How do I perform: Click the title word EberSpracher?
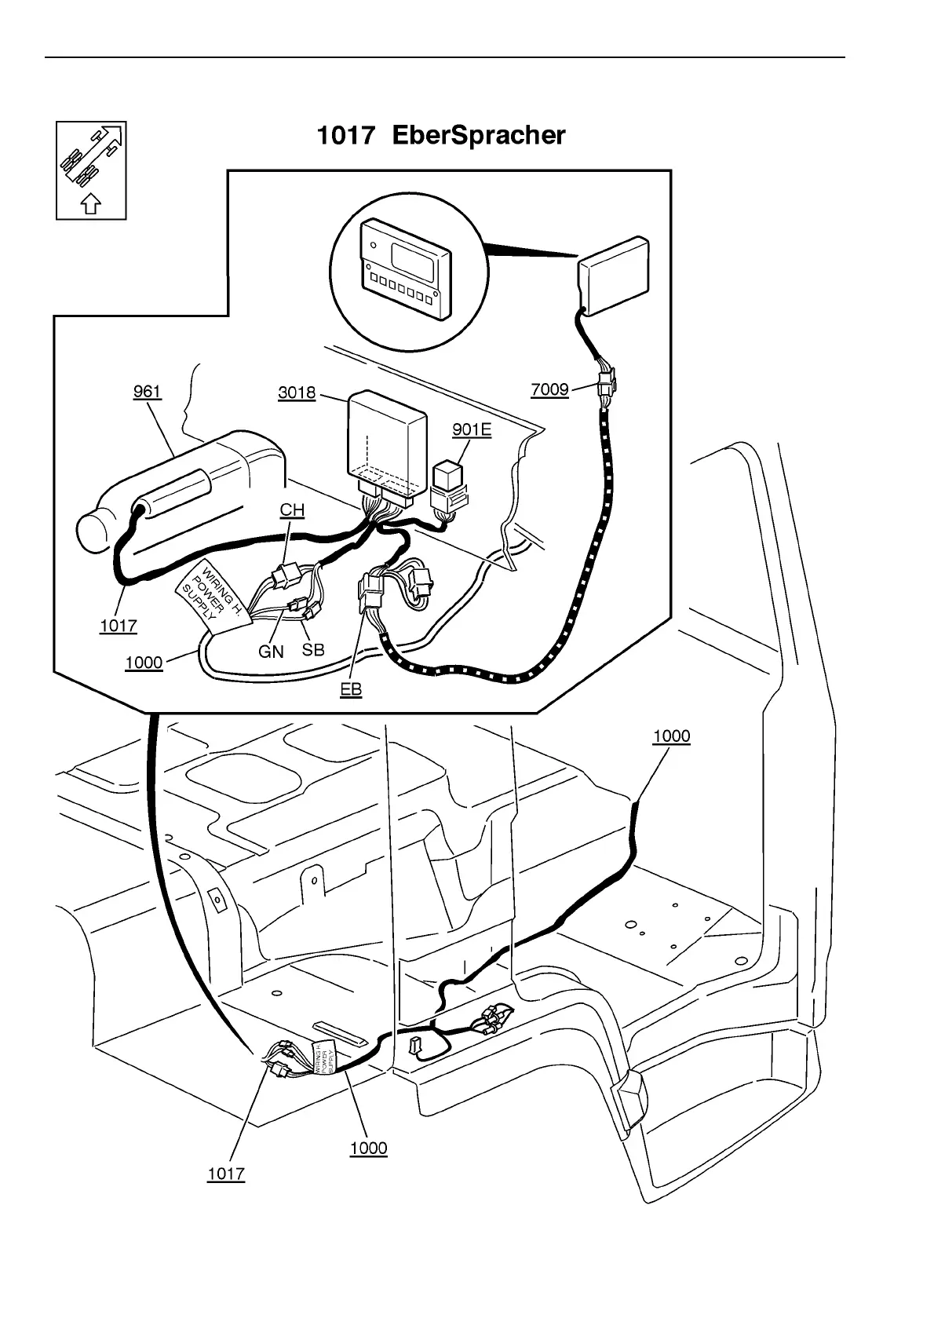(x=478, y=136)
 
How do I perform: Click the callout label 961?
(x=147, y=392)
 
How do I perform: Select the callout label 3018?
(x=297, y=393)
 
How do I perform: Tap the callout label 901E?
(x=472, y=429)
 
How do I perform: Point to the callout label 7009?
(x=549, y=390)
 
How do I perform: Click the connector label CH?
(x=292, y=510)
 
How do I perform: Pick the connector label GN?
(x=271, y=652)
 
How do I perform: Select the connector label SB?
(x=313, y=650)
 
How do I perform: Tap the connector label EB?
(x=351, y=689)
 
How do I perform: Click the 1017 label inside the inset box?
(x=119, y=626)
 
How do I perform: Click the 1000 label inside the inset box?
(x=144, y=663)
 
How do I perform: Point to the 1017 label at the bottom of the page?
(x=226, y=1174)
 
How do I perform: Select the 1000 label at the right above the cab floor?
(x=671, y=736)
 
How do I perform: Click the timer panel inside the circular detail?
(x=405, y=267)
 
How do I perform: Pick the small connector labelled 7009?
(x=606, y=385)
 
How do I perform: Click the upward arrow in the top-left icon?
(x=91, y=204)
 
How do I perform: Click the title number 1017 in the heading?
(x=345, y=136)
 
